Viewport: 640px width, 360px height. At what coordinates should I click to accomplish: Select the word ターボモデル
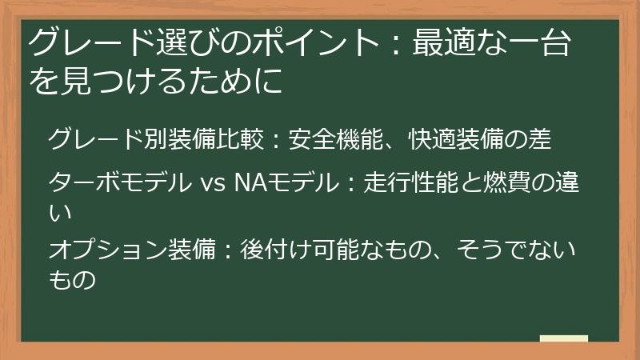point(119,184)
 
